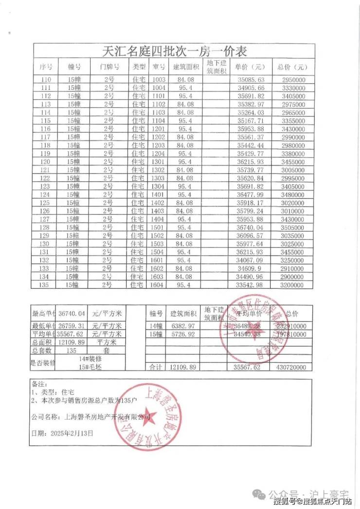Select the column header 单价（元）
click(x=250, y=67)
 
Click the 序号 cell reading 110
click(x=47, y=80)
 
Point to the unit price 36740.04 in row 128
click(x=250, y=228)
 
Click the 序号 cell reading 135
click(x=47, y=284)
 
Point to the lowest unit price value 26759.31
click(x=72, y=325)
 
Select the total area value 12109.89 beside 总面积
click(x=72, y=342)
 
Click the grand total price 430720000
click(x=292, y=368)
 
